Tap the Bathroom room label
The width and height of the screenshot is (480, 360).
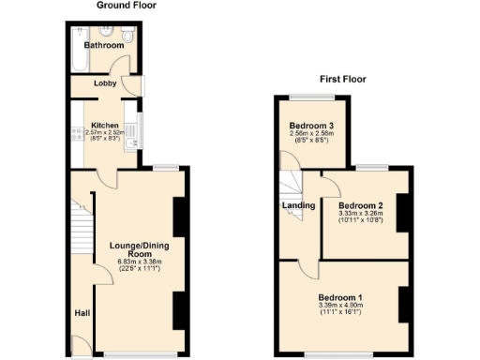click(x=103, y=45)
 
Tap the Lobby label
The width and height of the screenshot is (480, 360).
click(x=103, y=83)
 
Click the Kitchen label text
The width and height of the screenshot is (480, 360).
click(x=103, y=124)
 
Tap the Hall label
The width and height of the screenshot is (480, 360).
click(x=82, y=313)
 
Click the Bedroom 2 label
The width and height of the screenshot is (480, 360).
click(x=361, y=204)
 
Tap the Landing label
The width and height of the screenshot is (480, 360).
click(x=297, y=204)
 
